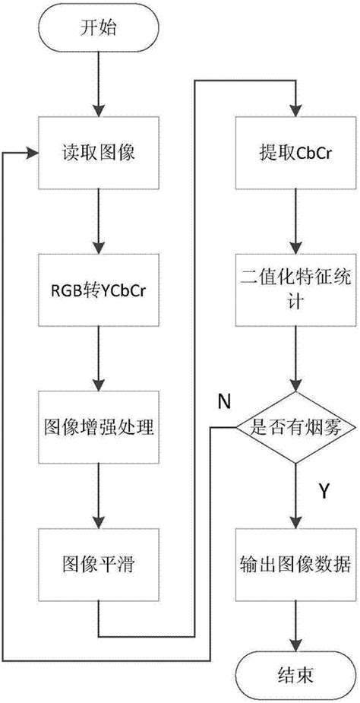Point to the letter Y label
(x=324, y=492)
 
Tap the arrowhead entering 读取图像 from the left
(x=33, y=152)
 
